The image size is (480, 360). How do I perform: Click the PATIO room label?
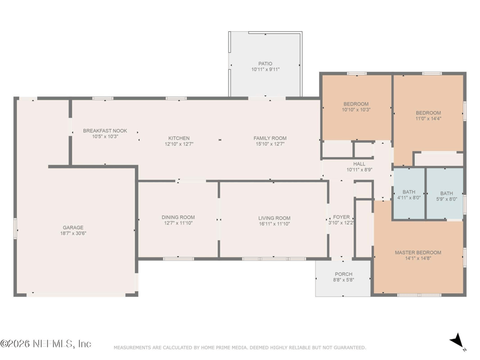pos(265,63)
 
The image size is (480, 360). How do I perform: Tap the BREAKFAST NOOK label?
pos(105,130)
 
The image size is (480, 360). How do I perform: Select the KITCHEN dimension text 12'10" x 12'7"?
pos(179,145)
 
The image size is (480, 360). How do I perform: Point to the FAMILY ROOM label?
pos(270,138)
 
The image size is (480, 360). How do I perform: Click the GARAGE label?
pos(73,227)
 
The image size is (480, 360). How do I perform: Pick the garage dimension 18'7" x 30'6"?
pos(73,234)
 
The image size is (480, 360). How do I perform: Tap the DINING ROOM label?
pos(178,217)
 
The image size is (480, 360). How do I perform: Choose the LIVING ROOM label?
pos(274,218)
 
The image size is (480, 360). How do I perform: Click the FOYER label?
pos(341,217)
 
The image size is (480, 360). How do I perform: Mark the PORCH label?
pos(344,274)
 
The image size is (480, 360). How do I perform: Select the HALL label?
pos(359,163)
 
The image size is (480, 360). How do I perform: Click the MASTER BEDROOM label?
pos(418,252)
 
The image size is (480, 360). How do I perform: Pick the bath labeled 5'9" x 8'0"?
pos(446,196)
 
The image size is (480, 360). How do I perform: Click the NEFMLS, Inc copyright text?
pos(46,344)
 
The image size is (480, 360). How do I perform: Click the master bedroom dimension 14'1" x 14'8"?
pos(418,259)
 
